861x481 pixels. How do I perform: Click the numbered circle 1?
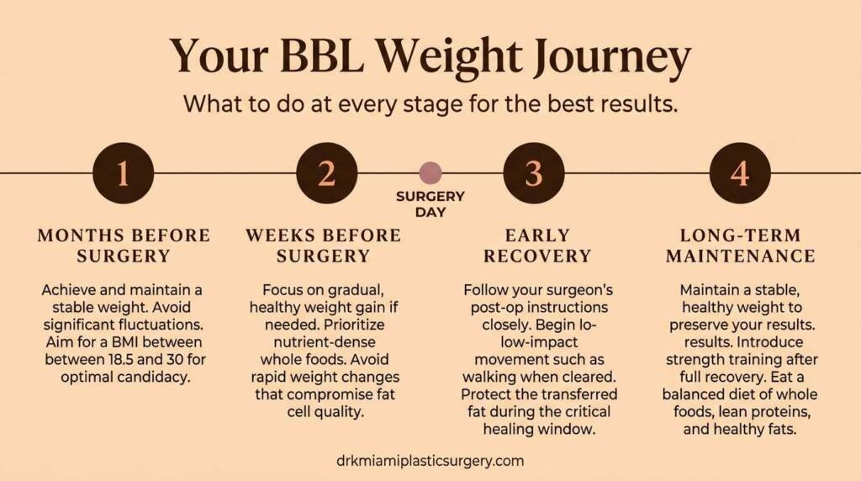[x=123, y=173]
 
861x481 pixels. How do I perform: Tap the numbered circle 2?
[x=327, y=173]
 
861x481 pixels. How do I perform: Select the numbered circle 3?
[x=534, y=173]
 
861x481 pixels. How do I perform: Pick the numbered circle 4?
[x=740, y=173]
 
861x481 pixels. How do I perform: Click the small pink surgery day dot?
[x=430, y=173]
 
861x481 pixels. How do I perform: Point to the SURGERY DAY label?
[x=430, y=204]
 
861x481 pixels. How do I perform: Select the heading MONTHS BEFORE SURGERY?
[x=123, y=245]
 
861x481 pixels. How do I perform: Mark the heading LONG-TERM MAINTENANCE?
[x=740, y=245]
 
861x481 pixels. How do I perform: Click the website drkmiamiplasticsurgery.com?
[x=430, y=461]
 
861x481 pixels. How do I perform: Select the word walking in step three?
[x=504, y=376]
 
